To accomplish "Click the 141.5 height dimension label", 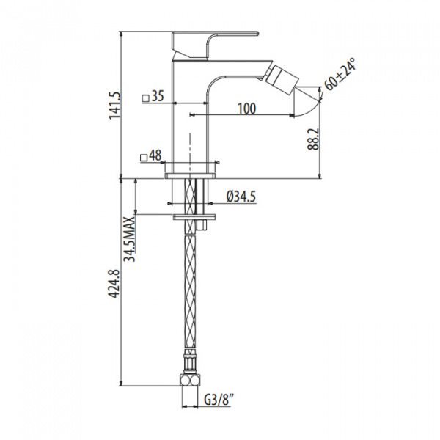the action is coord(114,106).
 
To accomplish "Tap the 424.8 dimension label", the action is coord(114,284).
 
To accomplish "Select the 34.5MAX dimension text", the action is coord(130,239).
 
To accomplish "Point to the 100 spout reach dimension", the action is coord(247,109).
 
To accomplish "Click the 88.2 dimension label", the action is coord(313,139).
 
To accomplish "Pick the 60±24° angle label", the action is coord(340,74).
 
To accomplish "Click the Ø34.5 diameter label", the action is coord(241,196).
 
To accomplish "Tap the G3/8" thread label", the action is coord(219,400).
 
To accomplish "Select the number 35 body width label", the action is coord(158,97).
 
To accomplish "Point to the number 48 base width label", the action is coord(155,155).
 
